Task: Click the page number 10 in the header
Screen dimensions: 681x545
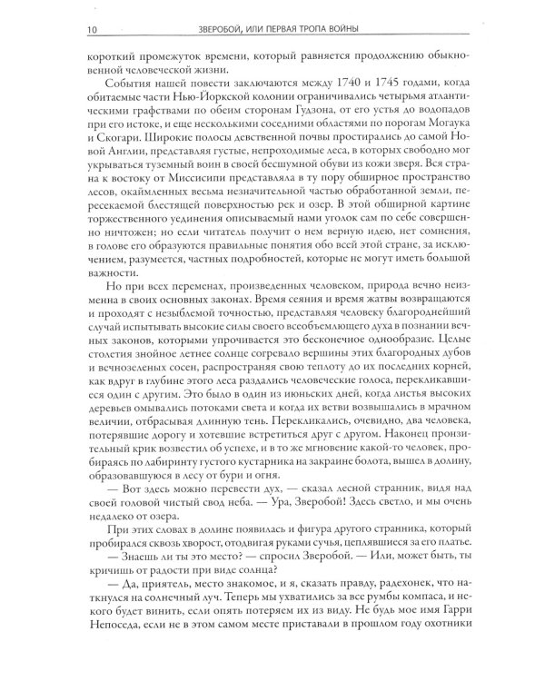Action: pos(15,10)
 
